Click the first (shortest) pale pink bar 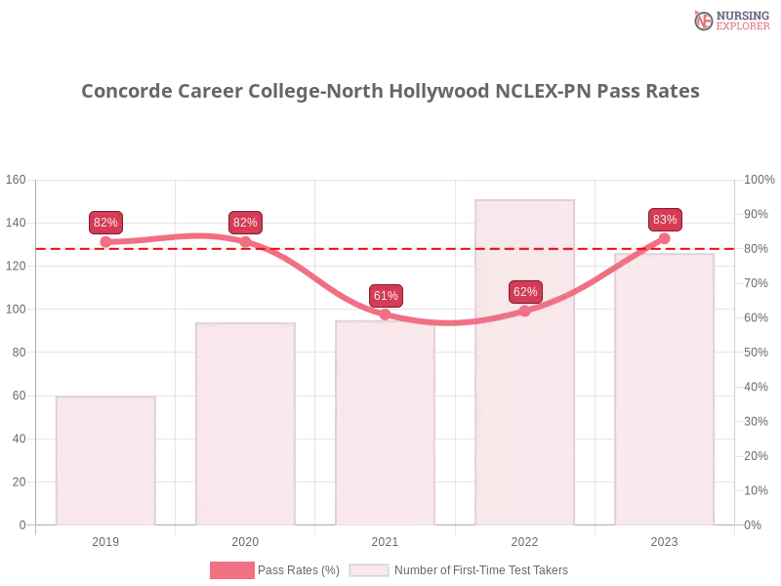pyautogui.click(x=105, y=460)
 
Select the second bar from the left pyautogui.click(x=242, y=425)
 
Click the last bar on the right pyautogui.click(x=664, y=390)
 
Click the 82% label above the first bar pyautogui.click(x=105, y=223)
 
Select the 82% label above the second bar pyautogui.click(x=245, y=223)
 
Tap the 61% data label pyautogui.click(x=386, y=295)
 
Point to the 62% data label pyautogui.click(x=525, y=292)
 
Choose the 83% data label pyautogui.click(x=665, y=220)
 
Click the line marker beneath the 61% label pyautogui.click(x=385, y=314)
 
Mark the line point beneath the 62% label pyautogui.click(x=524, y=311)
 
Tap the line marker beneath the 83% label pyautogui.click(x=665, y=237)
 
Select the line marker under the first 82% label pyautogui.click(x=105, y=241)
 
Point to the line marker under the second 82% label pyautogui.click(x=245, y=240)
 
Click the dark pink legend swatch pyautogui.click(x=232, y=570)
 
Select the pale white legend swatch pyautogui.click(x=369, y=570)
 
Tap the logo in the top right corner pyautogui.click(x=729, y=20)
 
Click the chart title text pyautogui.click(x=390, y=92)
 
